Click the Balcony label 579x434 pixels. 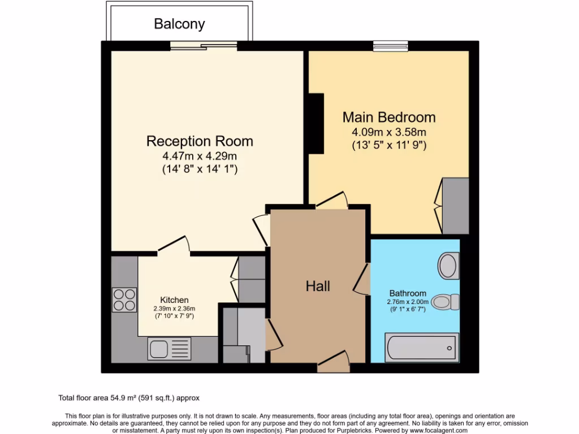coord(179,24)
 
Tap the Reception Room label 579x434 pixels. coord(200,141)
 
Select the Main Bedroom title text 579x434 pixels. coord(389,117)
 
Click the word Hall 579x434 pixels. coord(318,286)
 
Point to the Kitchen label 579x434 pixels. coord(174,300)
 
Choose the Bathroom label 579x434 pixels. coord(407,293)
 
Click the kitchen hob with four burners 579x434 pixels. coord(124,300)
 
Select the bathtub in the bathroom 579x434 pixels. coord(421,346)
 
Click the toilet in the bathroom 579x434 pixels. coord(447,301)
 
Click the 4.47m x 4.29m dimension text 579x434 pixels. coord(200,156)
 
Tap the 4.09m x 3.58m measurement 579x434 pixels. coord(389,132)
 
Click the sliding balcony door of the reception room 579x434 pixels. coord(204,46)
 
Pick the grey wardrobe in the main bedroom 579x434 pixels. coord(455,206)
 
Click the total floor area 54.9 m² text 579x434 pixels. coord(129,398)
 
